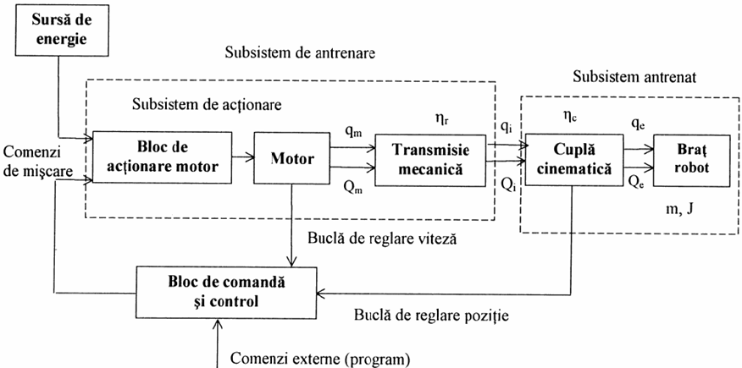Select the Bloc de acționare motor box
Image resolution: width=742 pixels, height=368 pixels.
[161, 157]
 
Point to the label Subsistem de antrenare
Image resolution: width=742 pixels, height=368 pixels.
[300, 52]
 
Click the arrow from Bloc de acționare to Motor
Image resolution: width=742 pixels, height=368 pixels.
[243, 157]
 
